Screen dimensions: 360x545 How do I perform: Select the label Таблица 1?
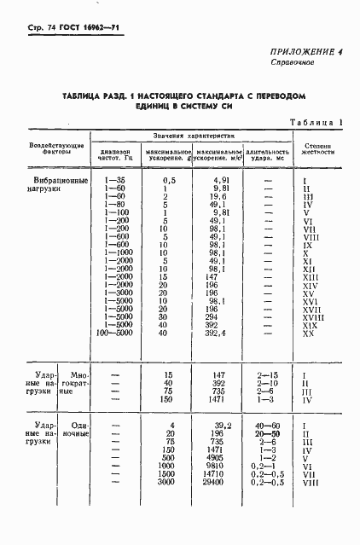coord(316,123)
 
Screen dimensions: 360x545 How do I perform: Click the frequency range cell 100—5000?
coord(114,333)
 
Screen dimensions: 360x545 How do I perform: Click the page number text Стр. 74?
coord(32,17)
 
